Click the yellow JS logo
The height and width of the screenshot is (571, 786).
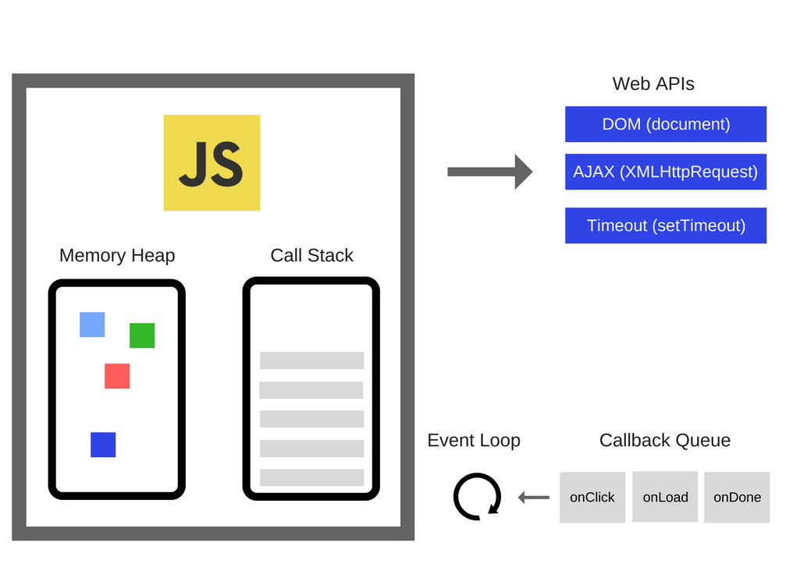click(x=212, y=162)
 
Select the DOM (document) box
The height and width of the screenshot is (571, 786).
click(x=666, y=124)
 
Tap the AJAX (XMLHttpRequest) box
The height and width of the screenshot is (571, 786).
click(x=666, y=172)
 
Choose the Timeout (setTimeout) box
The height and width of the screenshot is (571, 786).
click(x=666, y=225)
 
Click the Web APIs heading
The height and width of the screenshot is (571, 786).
click(x=653, y=83)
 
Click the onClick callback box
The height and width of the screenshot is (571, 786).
click(x=592, y=497)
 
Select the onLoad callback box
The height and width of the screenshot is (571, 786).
click(x=665, y=497)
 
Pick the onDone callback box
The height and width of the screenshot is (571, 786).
click(x=737, y=497)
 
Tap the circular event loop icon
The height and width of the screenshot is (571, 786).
click(x=477, y=497)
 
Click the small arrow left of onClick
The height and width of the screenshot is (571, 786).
click(x=534, y=497)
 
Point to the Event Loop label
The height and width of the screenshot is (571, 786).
click(x=474, y=440)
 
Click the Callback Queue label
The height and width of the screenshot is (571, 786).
click(x=665, y=440)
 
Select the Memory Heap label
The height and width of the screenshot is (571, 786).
click(x=117, y=255)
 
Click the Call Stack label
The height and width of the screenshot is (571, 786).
click(x=311, y=255)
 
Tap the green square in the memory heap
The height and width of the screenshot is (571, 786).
click(x=142, y=335)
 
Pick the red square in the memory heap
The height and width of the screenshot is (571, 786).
click(x=117, y=376)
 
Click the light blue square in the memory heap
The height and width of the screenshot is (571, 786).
click(x=92, y=325)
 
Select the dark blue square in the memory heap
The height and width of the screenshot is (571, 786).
click(x=103, y=445)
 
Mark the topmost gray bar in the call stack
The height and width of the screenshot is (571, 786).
click(x=311, y=360)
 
